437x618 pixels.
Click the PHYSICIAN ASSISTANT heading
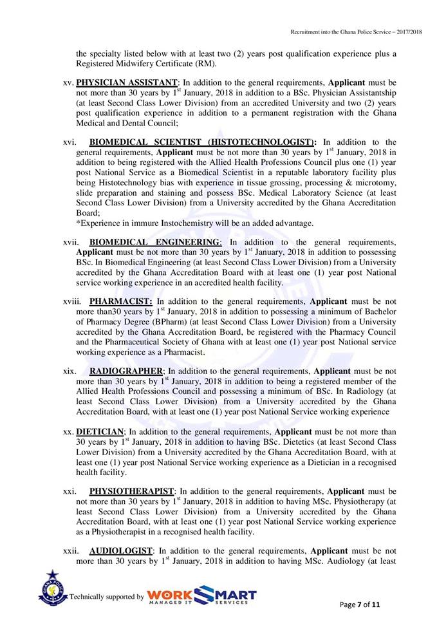pyautogui.click(x=126, y=83)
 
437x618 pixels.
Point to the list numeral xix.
pyautogui.click(x=70, y=371)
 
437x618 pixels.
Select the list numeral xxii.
pyautogui.click(x=71, y=550)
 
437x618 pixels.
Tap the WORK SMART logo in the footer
pyautogui.click(x=201, y=596)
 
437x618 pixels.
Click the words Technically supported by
pyautogui.click(x=106, y=597)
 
